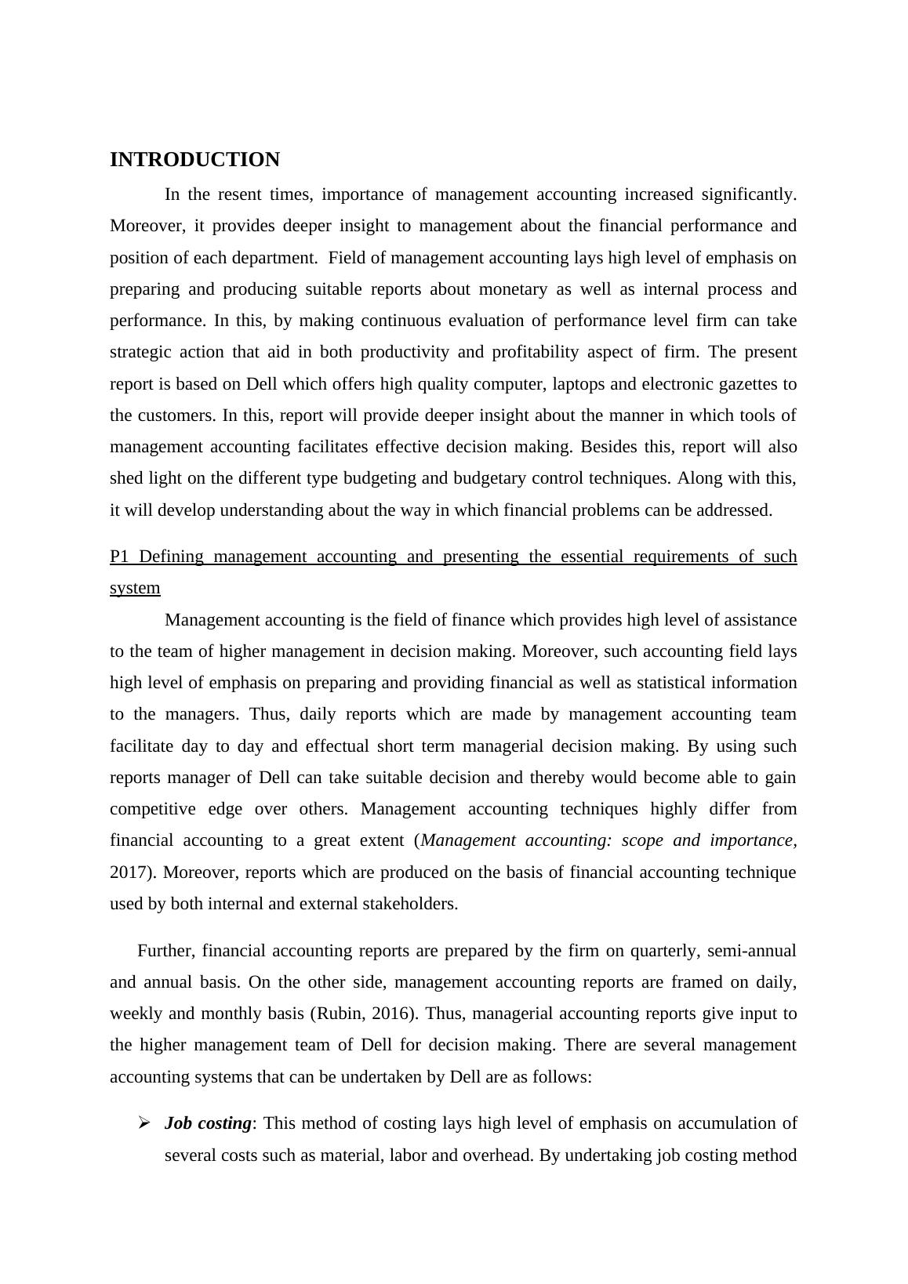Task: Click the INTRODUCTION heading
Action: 194,160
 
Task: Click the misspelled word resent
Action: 239,194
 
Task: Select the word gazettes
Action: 748,384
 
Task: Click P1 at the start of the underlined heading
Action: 119,557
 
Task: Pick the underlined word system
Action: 135,588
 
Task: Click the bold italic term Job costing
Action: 208,1123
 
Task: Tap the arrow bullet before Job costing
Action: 143,1123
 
